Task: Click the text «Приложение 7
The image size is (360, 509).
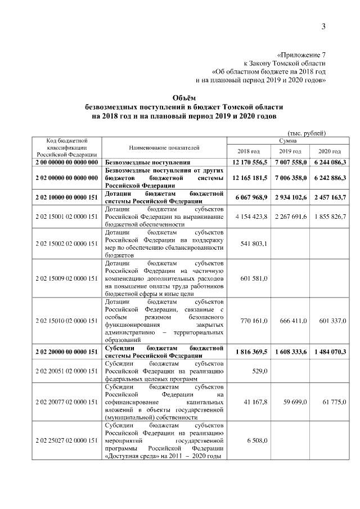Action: [301, 55]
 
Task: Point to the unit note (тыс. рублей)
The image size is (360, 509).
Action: [307, 133]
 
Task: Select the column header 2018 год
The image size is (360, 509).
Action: [249, 152]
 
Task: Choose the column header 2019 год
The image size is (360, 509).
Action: [290, 152]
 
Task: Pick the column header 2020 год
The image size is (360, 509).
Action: [330, 152]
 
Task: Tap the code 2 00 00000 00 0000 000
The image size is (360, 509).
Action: [66, 162]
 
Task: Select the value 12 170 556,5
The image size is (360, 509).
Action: [249, 162]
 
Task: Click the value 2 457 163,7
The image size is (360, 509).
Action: [330, 197]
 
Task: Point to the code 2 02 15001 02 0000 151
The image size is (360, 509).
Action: [66, 217]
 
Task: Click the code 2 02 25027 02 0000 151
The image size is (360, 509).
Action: [66, 441]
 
